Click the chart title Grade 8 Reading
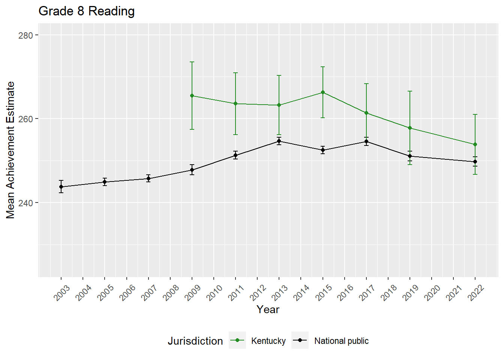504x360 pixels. click(x=87, y=11)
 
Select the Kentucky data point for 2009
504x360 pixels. click(x=192, y=96)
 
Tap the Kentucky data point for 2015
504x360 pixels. click(x=322, y=92)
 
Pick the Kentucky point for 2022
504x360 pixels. click(x=475, y=144)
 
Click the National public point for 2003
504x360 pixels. click(x=61, y=187)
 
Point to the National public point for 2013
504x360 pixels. click(x=279, y=141)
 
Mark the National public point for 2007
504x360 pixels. click(x=148, y=178)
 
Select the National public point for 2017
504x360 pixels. click(x=366, y=141)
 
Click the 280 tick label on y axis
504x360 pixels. click(x=25, y=35)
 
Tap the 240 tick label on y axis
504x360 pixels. click(x=25, y=203)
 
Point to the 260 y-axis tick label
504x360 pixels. click(x=25, y=119)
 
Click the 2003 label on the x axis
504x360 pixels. click(x=62, y=292)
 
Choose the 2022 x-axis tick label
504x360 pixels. click(x=476, y=292)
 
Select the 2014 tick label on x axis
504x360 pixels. click(x=301, y=292)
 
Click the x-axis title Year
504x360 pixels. click(x=268, y=309)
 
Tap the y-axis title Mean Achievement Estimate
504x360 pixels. click(x=10, y=150)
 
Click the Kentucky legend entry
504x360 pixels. click(x=268, y=341)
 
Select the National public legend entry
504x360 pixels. click(x=341, y=341)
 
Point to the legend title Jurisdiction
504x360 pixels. click(x=195, y=341)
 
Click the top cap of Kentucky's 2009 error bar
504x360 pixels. click(x=192, y=62)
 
